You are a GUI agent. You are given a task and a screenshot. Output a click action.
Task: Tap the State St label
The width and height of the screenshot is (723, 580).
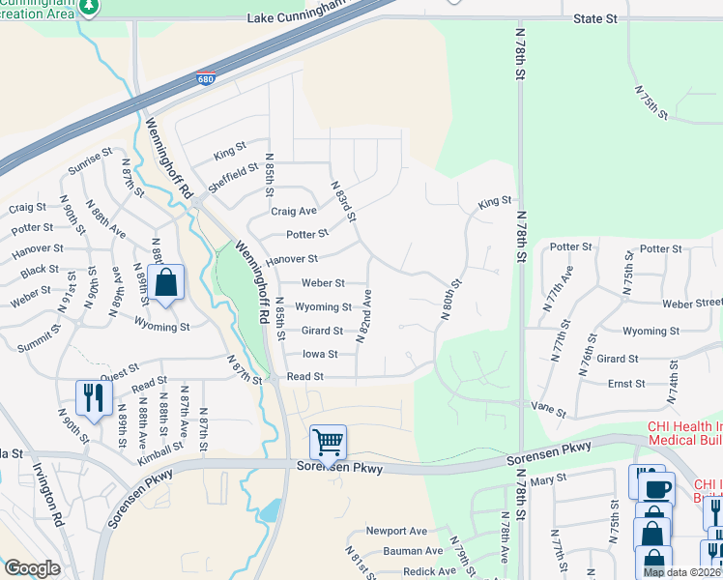click(x=594, y=18)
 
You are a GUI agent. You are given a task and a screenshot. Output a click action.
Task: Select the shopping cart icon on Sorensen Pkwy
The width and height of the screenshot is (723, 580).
click(x=328, y=443)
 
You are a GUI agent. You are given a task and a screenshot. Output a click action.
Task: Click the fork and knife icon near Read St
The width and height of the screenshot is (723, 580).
click(x=94, y=398)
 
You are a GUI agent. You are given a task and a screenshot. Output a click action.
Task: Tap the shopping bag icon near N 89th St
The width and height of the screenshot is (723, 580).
click(x=166, y=283)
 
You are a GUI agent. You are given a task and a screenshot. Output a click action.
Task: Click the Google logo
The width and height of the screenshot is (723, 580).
click(x=32, y=568)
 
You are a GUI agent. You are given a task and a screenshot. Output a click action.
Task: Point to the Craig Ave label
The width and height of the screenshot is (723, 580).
click(x=294, y=211)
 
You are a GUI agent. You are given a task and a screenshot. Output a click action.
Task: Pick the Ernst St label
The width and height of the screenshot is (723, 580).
click(x=626, y=384)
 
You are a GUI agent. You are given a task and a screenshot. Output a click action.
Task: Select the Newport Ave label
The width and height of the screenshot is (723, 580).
click(x=396, y=531)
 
